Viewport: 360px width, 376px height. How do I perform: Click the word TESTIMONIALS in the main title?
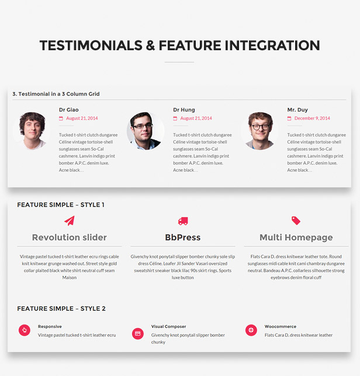pos(91,46)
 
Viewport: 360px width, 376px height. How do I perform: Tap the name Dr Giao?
pos(68,110)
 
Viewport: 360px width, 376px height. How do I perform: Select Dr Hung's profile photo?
pos(146,131)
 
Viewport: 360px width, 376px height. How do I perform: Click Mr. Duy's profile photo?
pos(259,131)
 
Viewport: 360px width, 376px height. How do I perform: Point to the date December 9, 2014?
pos(312,118)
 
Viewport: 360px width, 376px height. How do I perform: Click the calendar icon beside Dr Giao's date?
pos(61,118)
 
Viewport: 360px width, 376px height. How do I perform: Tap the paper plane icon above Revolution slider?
pos(70,221)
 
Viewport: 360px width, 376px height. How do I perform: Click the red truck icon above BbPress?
pos(183,221)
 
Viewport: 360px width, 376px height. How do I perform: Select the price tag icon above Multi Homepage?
pos(296,221)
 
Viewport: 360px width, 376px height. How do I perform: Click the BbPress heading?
pos(183,238)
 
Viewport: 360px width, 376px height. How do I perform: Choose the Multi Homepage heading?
pos(296,238)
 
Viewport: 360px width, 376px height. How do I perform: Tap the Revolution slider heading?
pos(70,238)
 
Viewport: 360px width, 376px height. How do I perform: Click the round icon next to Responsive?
pos(25,330)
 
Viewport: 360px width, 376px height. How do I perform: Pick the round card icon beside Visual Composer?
pos(138,333)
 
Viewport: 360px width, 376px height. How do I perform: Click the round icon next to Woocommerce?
pos(251,330)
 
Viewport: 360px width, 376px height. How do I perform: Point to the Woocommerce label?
pos(281,326)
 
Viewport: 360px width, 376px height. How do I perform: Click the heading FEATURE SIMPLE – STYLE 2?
pos(61,309)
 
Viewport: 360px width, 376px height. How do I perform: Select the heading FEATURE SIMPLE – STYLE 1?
pos(61,205)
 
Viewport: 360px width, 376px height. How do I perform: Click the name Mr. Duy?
pos(297,110)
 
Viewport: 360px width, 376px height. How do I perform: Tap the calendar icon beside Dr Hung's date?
pos(175,118)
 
